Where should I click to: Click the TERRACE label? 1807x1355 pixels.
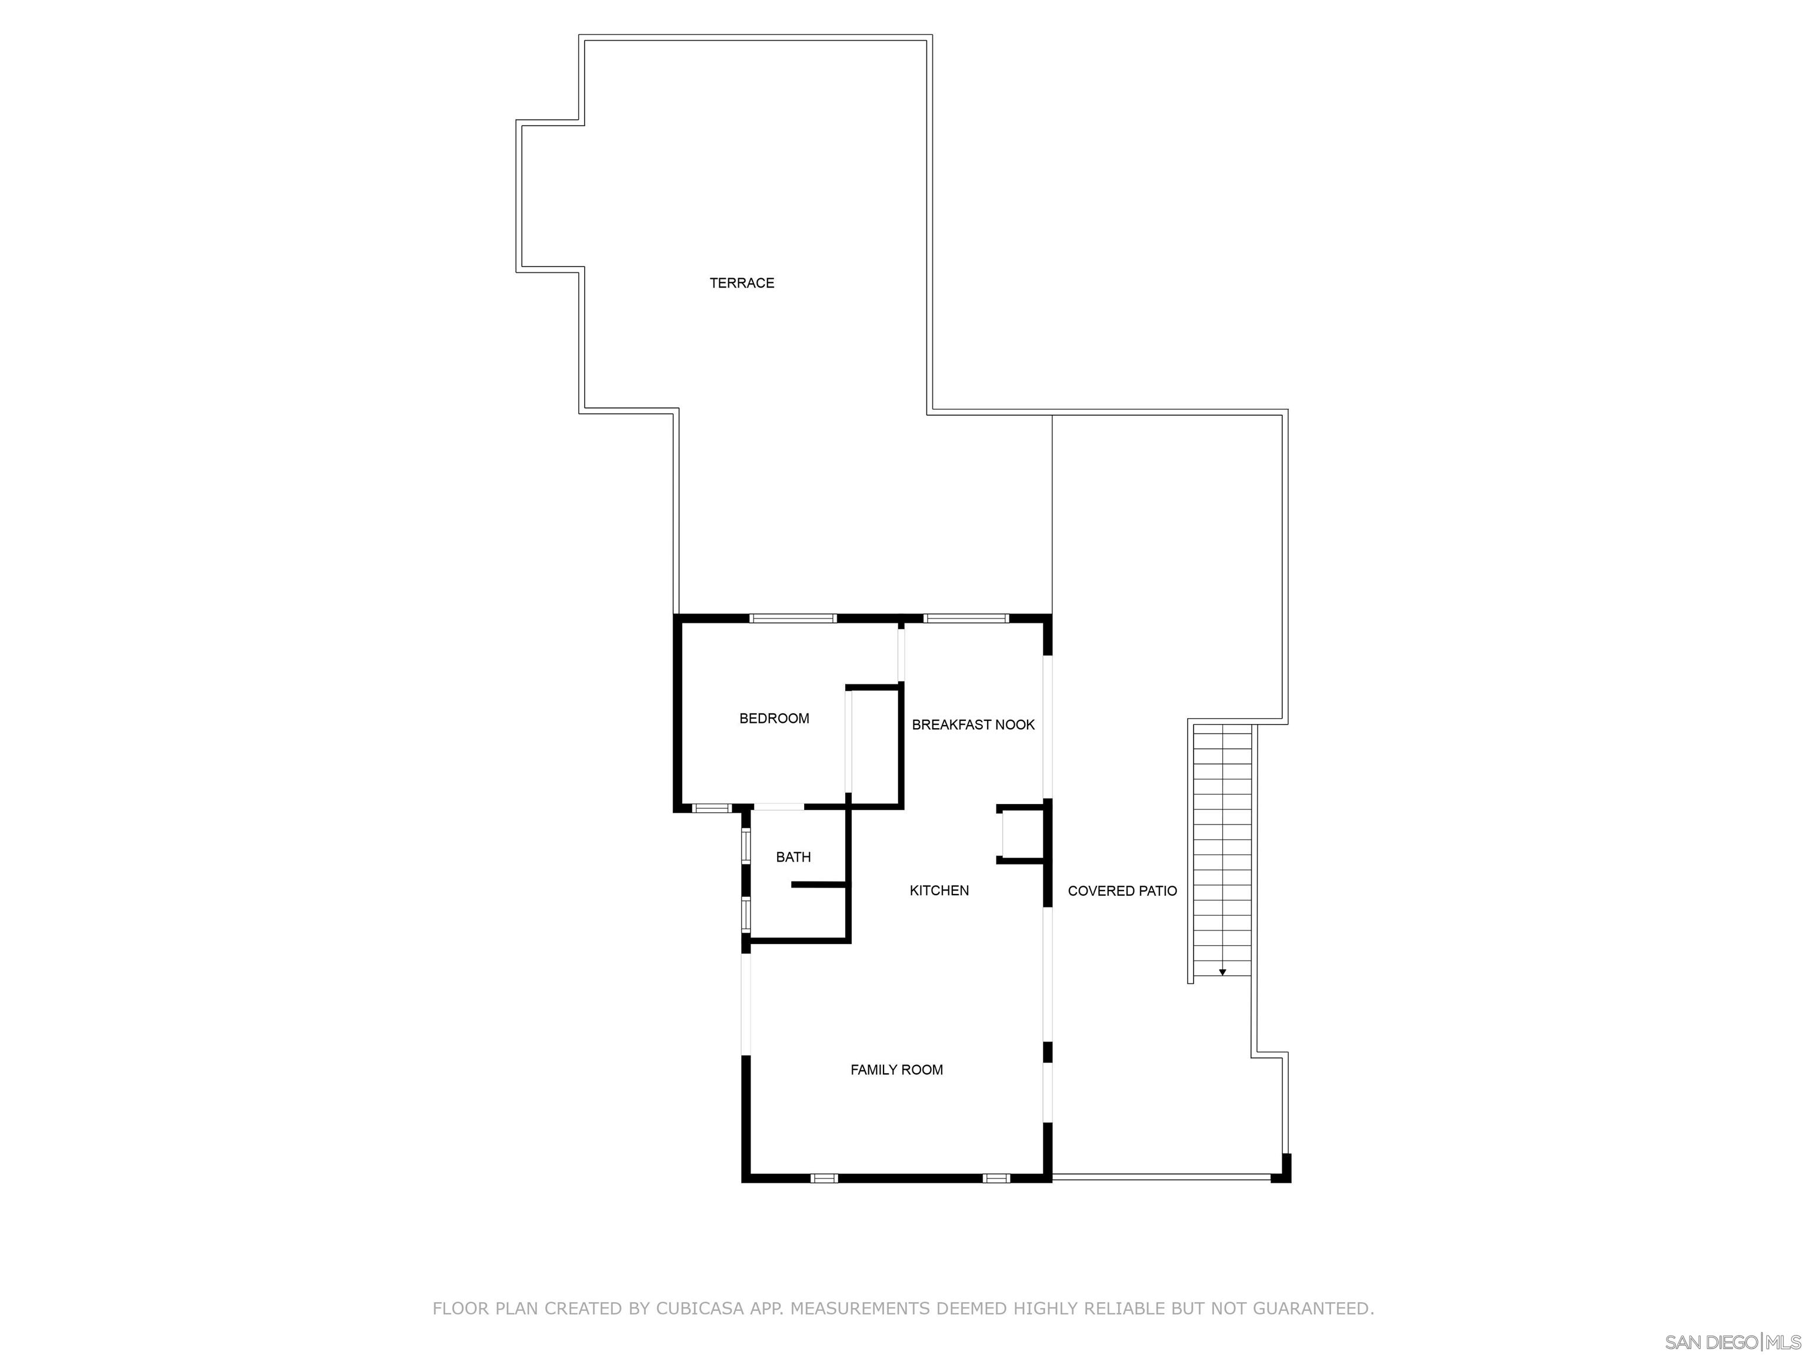[x=741, y=283]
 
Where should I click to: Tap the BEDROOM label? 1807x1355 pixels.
[x=774, y=719]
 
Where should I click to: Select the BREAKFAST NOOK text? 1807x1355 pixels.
[x=973, y=725]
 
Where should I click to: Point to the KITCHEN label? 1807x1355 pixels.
[x=939, y=891]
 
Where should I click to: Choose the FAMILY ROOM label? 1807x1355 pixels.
[x=896, y=1070]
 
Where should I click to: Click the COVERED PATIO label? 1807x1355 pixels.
[x=1122, y=891]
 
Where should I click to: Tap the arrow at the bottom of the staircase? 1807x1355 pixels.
[x=1222, y=972]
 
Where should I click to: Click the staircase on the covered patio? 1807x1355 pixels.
[x=1222, y=849]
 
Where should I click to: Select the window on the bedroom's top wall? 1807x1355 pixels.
[x=792, y=618]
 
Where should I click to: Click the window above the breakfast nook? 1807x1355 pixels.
[x=966, y=618]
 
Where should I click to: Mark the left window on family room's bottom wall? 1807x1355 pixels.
[x=824, y=1179]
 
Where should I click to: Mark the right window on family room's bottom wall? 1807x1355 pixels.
[x=996, y=1179]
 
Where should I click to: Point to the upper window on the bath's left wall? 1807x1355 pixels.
[x=746, y=846]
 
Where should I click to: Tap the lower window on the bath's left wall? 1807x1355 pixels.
[x=746, y=915]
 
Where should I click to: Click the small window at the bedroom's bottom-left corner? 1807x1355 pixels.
[x=712, y=809]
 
